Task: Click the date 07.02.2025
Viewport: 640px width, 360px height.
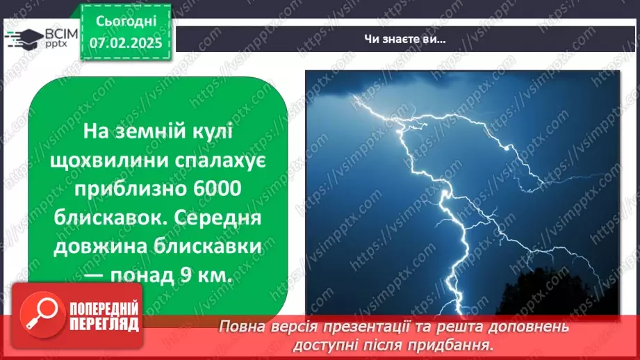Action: (x=125, y=43)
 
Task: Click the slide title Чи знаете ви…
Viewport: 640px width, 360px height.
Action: (x=404, y=40)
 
